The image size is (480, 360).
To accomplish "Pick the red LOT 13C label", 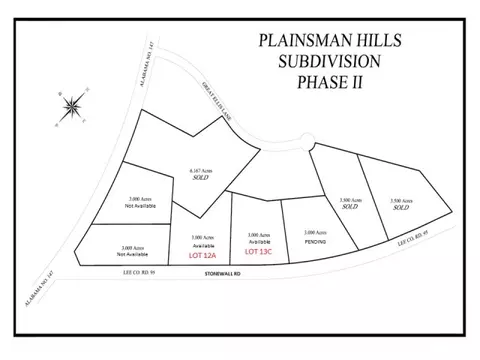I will point(258,251).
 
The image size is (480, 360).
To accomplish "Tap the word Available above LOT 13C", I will point(258,241).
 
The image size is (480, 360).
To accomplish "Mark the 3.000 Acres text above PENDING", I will point(312,232).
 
